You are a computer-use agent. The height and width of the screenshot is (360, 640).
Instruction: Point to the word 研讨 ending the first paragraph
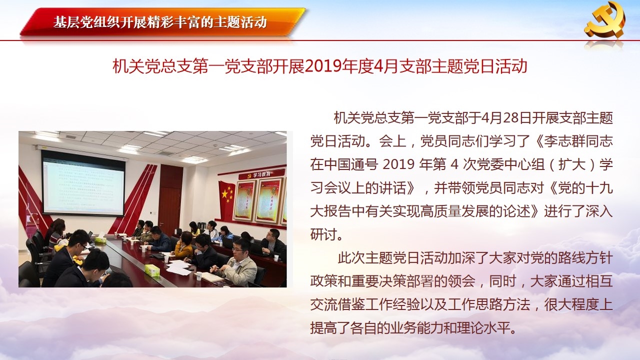coord(324,235)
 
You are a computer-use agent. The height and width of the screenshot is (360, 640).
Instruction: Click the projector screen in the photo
coord(83,183)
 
